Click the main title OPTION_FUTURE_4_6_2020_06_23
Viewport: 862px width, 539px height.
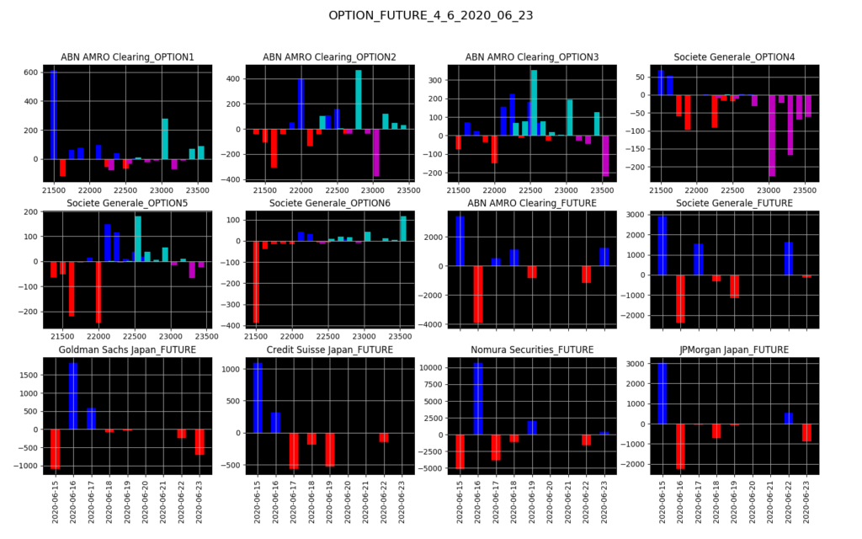tap(430, 15)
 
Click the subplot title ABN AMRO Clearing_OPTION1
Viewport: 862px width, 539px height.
tap(127, 57)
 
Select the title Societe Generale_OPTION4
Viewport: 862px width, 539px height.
tap(734, 57)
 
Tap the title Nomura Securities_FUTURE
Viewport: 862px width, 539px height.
tap(529, 350)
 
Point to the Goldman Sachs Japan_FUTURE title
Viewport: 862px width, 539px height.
tap(127, 350)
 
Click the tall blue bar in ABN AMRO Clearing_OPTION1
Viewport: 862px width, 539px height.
tap(54, 115)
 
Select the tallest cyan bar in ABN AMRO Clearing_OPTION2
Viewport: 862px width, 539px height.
tap(359, 99)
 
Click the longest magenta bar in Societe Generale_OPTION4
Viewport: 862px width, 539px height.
tap(772, 135)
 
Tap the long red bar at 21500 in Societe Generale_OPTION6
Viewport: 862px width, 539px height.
tap(256, 281)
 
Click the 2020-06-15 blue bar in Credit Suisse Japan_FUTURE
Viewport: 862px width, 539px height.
tap(258, 398)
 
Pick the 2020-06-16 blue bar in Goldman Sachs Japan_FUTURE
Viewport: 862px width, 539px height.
tap(73, 396)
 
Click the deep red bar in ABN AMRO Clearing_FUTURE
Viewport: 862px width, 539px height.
tap(478, 294)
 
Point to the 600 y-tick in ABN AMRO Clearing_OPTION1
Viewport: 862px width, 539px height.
tap(29, 72)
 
